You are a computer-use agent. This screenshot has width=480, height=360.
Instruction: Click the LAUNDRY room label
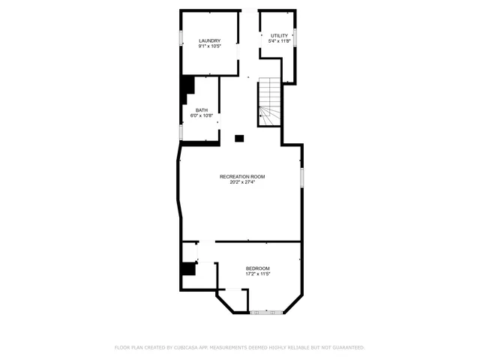click(x=209, y=40)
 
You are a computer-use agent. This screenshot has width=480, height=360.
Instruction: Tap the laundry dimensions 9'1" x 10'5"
click(x=209, y=46)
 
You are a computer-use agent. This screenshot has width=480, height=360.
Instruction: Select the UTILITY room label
click(x=279, y=35)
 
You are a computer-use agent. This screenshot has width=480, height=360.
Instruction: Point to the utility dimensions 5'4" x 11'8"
click(x=279, y=41)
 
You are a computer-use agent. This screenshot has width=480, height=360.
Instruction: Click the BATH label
click(x=202, y=110)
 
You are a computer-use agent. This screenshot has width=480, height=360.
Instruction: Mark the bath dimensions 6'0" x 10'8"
click(x=202, y=115)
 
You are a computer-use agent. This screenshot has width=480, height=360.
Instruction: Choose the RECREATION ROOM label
click(x=241, y=176)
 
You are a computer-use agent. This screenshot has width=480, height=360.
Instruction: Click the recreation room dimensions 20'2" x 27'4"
click(x=241, y=181)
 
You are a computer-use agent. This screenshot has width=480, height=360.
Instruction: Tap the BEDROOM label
click(x=257, y=268)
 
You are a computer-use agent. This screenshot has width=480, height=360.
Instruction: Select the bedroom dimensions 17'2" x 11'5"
click(x=257, y=274)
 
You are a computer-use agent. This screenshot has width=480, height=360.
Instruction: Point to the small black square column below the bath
click(x=239, y=138)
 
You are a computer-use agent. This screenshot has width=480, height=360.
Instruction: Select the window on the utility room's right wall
click(x=296, y=37)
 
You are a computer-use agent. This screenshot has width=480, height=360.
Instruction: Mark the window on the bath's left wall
click(x=181, y=132)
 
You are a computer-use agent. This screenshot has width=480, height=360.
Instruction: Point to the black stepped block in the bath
click(x=185, y=90)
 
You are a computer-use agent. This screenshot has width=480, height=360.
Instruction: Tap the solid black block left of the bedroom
click(x=187, y=268)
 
